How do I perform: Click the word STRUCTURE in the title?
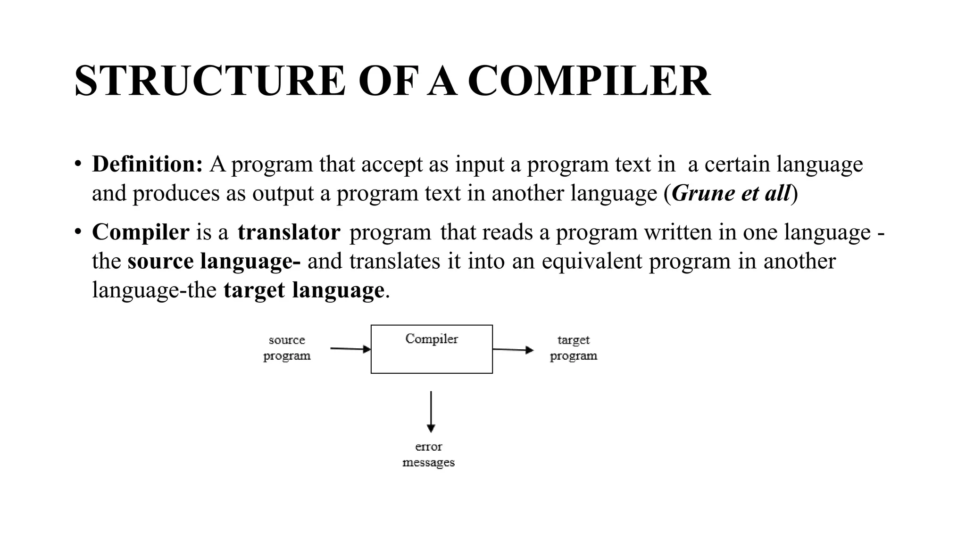click(210, 81)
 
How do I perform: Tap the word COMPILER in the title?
click(589, 81)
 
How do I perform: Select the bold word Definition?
click(147, 164)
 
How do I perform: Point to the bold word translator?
click(289, 232)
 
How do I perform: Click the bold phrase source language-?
click(214, 261)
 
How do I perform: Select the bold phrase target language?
click(304, 290)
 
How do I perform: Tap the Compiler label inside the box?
click(432, 339)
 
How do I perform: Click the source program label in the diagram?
click(287, 347)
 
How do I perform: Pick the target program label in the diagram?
click(574, 347)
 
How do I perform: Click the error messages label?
click(428, 454)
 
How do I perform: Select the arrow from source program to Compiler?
click(350, 349)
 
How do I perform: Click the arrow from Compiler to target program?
click(513, 350)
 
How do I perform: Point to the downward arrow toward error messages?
click(431, 411)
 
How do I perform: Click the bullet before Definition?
click(78, 165)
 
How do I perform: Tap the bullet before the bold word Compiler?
click(78, 232)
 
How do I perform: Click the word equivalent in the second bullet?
click(591, 261)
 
